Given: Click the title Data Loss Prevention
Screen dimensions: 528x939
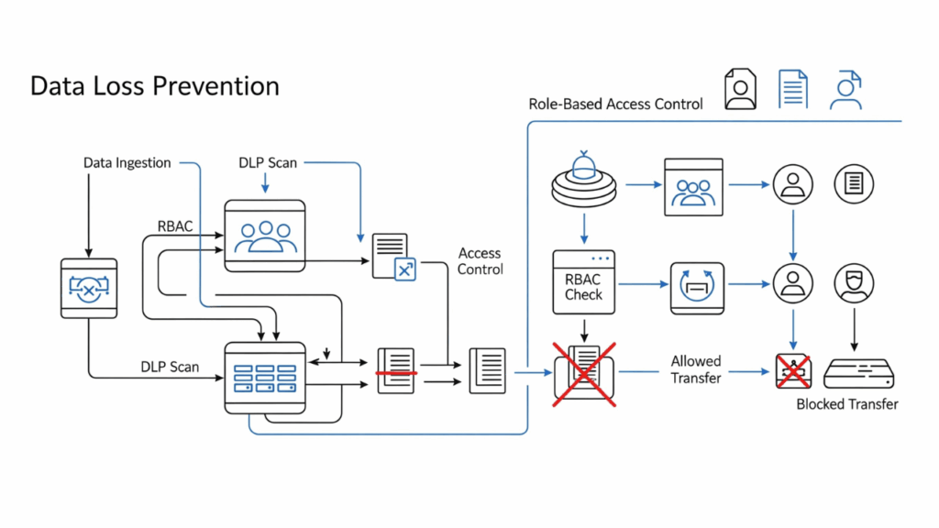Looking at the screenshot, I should [x=154, y=86].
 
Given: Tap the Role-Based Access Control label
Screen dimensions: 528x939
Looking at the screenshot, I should [x=615, y=104].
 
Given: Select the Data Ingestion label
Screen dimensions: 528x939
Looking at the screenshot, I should [x=127, y=163].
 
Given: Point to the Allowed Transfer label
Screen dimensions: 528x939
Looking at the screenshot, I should [x=695, y=369].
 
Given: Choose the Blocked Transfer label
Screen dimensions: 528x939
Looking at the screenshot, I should [x=846, y=403].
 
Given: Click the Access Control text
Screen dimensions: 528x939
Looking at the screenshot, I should [x=480, y=261].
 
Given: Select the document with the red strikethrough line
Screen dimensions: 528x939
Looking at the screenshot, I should [x=396, y=371].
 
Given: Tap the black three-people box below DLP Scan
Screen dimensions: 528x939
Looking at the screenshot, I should [x=264, y=235].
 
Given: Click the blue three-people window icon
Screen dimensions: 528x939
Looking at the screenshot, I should [x=694, y=187].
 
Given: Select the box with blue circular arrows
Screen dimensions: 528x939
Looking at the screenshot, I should [x=697, y=285].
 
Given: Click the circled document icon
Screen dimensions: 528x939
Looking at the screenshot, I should [x=853, y=185].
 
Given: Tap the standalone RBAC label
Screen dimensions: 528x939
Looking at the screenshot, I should [x=175, y=226].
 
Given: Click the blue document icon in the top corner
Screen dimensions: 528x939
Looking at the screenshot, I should [x=792, y=90].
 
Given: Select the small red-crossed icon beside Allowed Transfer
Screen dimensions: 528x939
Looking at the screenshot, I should [x=791, y=371].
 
